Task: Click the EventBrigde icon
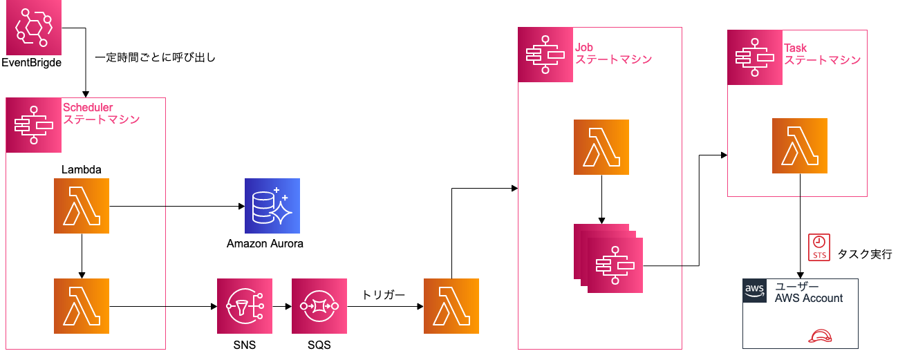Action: (x=33, y=28)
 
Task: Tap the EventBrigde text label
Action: (x=31, y=64)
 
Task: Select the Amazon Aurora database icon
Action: (x=272, y=206)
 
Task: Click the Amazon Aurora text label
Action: (x=265, y=244)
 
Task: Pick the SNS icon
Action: (x=244, y=306)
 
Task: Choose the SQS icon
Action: (x=319, y=306)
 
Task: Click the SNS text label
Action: (x=244, y=344)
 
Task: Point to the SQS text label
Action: (x=319, y=344)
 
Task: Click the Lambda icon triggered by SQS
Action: (x=451, y=306)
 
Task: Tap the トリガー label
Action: (x=383, y=295)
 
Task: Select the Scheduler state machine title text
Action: (x=101, y=113)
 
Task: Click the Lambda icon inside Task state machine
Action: (x=800, y=146)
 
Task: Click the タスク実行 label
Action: (x=864, y=254)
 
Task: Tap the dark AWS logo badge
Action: (x=755, y=291)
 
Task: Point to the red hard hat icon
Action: (x=819, y=337)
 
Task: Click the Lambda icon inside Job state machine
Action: (x=601, y=146)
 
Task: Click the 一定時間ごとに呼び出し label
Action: (x=155, y=58)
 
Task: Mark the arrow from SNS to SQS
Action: (x=281, y=306)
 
